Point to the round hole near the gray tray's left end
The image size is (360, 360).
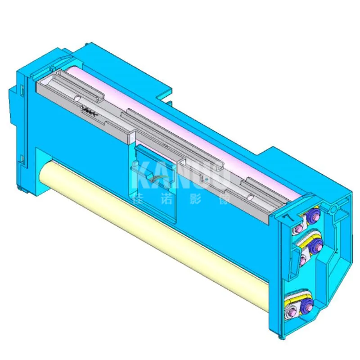click(x=77, y=97)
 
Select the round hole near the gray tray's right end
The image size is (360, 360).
click(x=250, y=196)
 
